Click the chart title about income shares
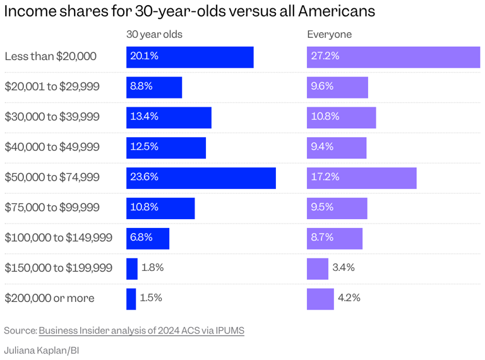[189, 11]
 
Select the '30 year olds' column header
[154, 35]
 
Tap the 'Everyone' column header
[329, 35]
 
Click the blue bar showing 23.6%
[201, 178]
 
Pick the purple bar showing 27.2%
[393, 57]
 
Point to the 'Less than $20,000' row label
[51, 57]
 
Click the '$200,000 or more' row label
[49, 299]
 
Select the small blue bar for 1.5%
[131, 299]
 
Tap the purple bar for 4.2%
[320, 299]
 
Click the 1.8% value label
[152, 268]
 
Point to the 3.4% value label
[344, 268]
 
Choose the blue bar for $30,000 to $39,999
[169, 117]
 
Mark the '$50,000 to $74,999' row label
[52, 178]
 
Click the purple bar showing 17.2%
[361, 178]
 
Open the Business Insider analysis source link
[141, 330]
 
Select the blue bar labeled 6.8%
[148, 239]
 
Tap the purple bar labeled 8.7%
[335, 239]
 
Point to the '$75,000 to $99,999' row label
[52, 208]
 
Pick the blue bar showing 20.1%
[189, 57]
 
